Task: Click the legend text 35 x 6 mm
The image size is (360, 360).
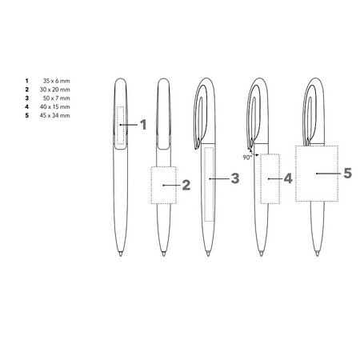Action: (56, 81)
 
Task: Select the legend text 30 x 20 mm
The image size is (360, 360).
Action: (55, 90)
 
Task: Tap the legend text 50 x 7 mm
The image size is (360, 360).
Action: (56, 98)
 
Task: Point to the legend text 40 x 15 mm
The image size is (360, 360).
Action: (55, 106)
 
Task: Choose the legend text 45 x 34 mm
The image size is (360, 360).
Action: (55, 115)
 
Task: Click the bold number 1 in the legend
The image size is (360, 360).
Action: (26, 81)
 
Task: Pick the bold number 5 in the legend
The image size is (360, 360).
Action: (26, 115)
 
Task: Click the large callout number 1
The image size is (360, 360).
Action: (143, 125)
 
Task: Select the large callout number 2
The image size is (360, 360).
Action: (186, 185)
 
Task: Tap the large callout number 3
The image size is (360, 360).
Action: (235, 178)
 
